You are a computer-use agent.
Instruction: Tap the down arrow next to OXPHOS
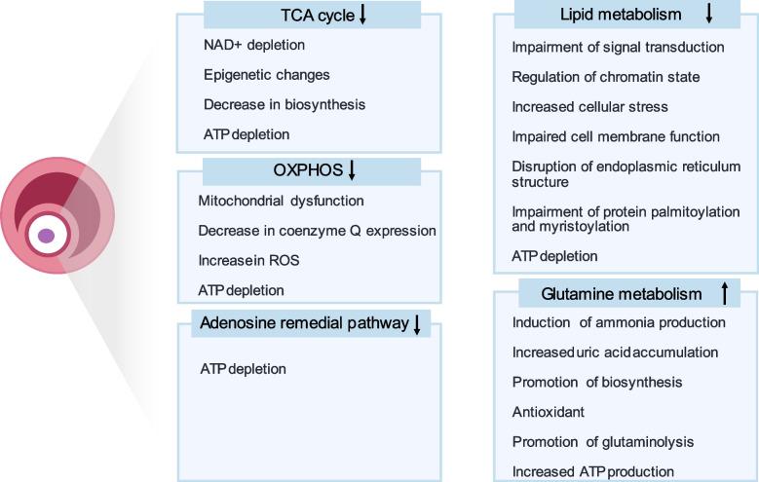pyautogui.click(x=352, y=170)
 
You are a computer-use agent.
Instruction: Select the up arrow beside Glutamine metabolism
pyautogui.click(x=726, y=292)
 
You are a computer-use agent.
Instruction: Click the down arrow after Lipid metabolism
pyautogui.click(x=709, y=13)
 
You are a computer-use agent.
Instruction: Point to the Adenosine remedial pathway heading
pyautogui.click(x=302, y=324)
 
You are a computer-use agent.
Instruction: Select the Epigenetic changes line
pyautogui.click(x=266, y=75)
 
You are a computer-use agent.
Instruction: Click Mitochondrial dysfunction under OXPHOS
pyautogui.click(x=282, y=202)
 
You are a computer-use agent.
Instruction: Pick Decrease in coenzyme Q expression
pyautogui.click(x=316, y=231)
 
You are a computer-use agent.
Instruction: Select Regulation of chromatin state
pyautogui.click(x=605, y=76)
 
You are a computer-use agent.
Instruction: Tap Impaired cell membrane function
pyautogui.click(x=616, y=136)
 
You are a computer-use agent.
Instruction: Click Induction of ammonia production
pyautogui.click(x=619, y=322)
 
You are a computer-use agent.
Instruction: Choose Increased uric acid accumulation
pyautogui.click(x=615, y=352)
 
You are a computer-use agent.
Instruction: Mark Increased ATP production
pyautogui.click(x=592, y=471)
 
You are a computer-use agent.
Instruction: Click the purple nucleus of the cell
pyautogui.click(x=46, y=236)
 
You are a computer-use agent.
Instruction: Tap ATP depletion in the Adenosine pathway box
pyautogui.click(x=243, y=369)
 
